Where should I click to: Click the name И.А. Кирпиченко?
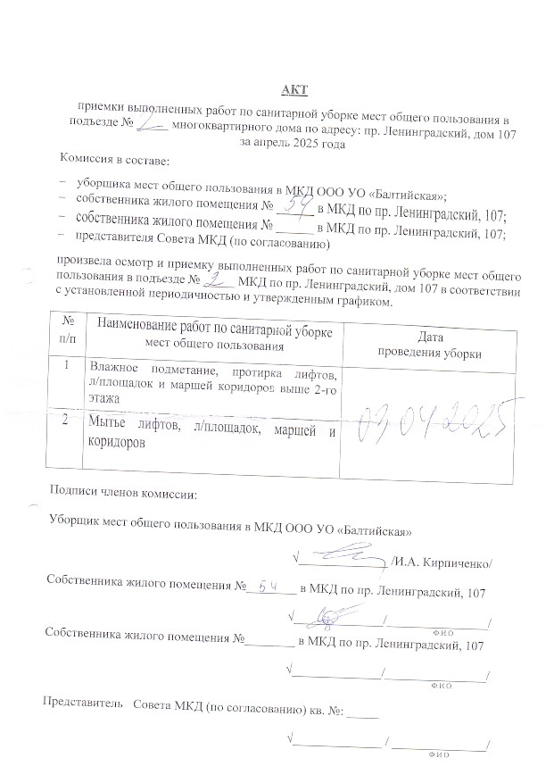pyautogui.click(x=442, y=563)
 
